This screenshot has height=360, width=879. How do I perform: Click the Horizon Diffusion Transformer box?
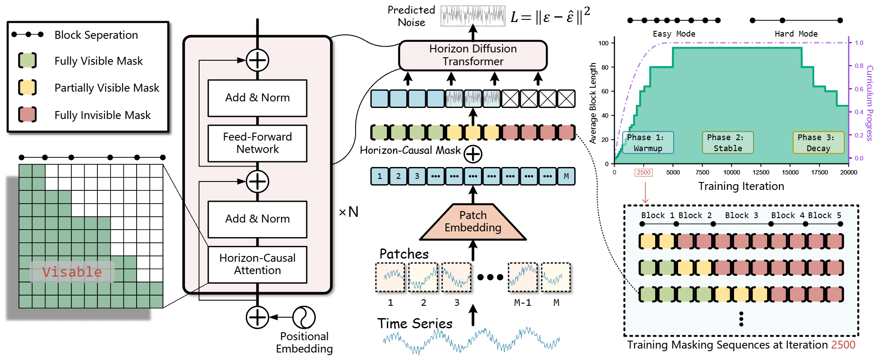click(x=473, y=55)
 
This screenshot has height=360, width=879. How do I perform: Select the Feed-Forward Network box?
click(x=257, y=143)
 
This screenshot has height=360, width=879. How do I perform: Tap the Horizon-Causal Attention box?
click(x=257, y=264)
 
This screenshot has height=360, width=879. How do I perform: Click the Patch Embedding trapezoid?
click(x=473, y=222)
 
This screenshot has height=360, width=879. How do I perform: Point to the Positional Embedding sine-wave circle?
click(x=304, y=317)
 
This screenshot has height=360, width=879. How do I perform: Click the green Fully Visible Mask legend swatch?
click(x=27, y=60)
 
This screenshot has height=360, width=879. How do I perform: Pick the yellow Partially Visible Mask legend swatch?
click(x=27, y=87)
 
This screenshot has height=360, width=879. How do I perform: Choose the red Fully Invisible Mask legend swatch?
click(x=27, y=115)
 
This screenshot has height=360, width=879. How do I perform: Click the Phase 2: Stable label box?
click(x=728, y=143)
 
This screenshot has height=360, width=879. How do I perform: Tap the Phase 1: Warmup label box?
click(x=648, y=143)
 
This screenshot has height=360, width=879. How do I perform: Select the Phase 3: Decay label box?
click(x=819, y=143)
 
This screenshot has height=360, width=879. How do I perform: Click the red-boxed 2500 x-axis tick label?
click(x=644, y=172)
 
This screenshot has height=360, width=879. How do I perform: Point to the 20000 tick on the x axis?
click(x=849, y=172)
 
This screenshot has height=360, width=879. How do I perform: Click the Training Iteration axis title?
click(x=741, y=186)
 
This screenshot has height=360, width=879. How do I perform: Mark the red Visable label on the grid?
click(x=72, y=272)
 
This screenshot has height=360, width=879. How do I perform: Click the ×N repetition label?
click(x=349, y=212)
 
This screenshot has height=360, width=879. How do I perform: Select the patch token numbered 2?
click(x=398, y=176)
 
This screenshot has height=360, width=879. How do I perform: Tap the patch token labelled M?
click(x=566, y=176)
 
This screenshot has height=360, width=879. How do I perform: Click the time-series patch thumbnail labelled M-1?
click(x=523, y=277)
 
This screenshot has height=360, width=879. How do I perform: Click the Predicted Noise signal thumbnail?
click(x=473, y=16)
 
